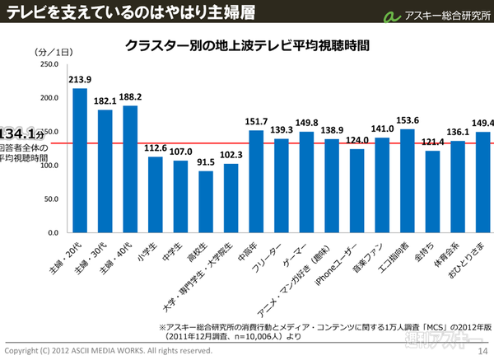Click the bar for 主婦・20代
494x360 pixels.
point(80,160)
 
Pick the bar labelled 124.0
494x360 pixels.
point(357,190)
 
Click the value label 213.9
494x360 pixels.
point(80,79)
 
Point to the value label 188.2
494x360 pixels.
point(132,96)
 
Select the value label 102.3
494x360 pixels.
point(231,154)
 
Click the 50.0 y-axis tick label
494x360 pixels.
point(49,199)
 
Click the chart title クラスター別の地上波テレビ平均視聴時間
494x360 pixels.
point(246,45)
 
